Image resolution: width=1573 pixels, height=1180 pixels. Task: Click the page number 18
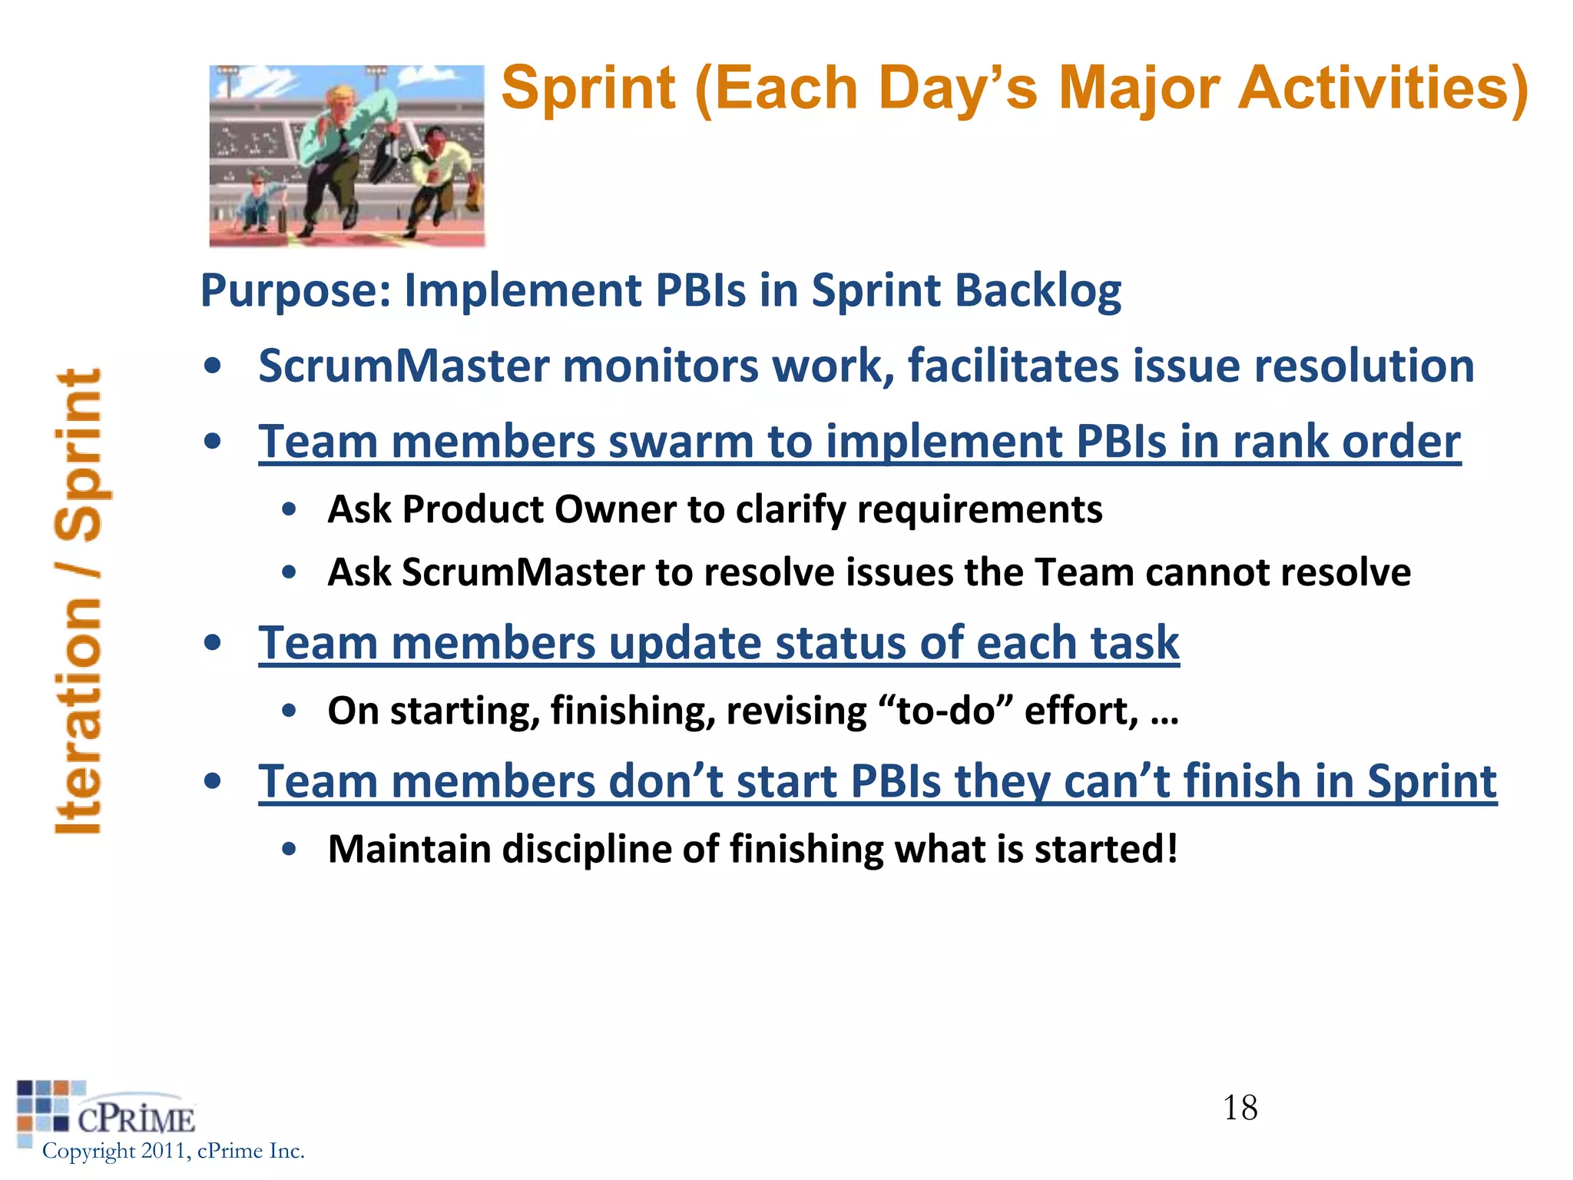pyautogui.click(x=1240, y=1108)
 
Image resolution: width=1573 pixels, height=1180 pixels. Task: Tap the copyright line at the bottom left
pyautogui.click(x=173, y=1151)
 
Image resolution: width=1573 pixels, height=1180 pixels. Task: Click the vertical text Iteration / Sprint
pyautogui.click(x=79, y=602)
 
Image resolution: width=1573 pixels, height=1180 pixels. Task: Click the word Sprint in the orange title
pyautogui.click(x=588, y=89)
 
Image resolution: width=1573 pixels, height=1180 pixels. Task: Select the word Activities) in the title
pyautogui.click(x=1383, y=89)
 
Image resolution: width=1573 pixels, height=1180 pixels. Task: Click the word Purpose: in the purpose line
pyautogui.click(x=296, y=290)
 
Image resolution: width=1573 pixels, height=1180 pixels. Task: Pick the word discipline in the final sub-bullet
pyautogui.click(x=586, y=850)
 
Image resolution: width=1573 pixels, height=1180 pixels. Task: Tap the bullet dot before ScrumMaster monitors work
pyautogui.click(x=213, y=366)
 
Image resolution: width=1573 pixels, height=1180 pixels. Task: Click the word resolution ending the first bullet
pyautogui.click(x=1363, y=366)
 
